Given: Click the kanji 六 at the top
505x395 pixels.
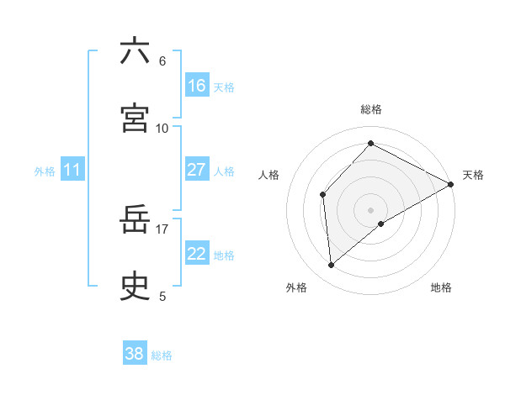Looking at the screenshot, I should (135, 51).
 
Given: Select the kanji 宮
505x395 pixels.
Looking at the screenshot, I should (135, 118).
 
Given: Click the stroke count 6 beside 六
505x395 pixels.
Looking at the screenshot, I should (162, 61).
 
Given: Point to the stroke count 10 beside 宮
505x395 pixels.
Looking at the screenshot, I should (162, 128).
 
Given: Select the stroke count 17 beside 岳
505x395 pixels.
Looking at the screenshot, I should (162, 228).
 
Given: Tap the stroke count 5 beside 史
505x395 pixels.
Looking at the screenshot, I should (162, 296).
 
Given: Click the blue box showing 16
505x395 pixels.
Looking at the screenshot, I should (197, 86).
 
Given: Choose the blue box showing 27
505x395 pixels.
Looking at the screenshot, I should (197, 170).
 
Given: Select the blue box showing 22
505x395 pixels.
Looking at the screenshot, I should (197, 254).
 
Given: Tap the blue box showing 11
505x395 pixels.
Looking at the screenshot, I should (72, 170).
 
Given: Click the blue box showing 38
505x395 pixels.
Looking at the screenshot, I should (135, 354).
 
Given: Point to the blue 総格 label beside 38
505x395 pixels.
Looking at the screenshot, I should (162, 355).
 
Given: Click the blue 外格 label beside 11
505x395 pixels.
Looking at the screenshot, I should (45, 171).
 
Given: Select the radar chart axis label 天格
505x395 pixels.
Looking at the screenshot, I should (473, 175).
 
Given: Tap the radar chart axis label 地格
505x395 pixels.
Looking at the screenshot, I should (441, 287).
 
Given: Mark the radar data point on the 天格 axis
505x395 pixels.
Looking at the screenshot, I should (451, 183).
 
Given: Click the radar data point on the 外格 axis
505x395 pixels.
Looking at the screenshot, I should (332, 266).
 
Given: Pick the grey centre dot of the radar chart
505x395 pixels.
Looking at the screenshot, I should (371, 209).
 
